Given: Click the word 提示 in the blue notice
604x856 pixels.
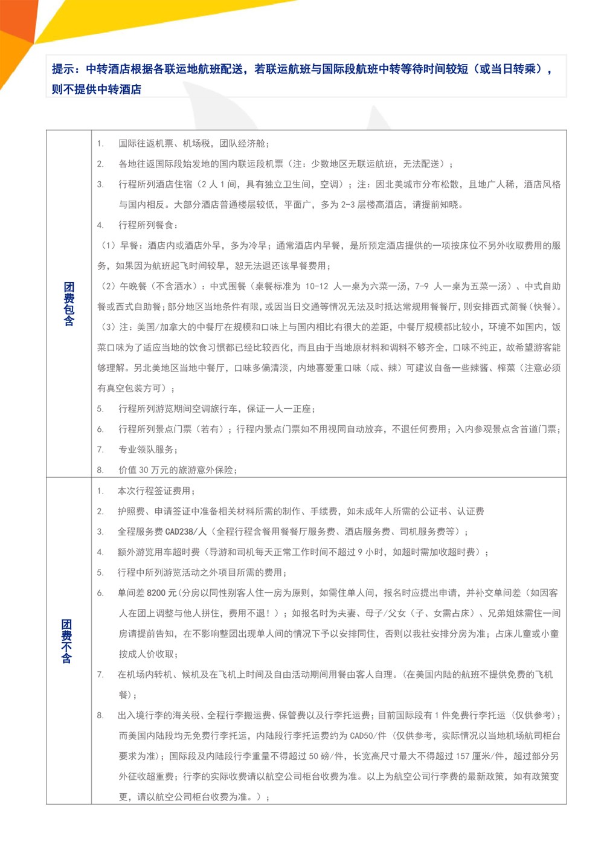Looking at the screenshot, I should (x=63, y=69).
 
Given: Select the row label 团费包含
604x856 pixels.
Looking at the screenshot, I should (x=69, y=304).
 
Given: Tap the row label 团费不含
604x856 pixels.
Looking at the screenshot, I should (x=66, y=641).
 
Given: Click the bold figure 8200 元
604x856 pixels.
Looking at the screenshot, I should (x=162, y=593).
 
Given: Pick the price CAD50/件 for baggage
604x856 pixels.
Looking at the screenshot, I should (x=370, y=736).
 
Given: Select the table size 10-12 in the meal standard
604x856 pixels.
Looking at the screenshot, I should (x=316, y=286).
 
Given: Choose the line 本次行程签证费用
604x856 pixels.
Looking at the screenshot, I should (x=155, y=491).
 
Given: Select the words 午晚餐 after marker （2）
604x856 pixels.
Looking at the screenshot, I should (x=133, y=286).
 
